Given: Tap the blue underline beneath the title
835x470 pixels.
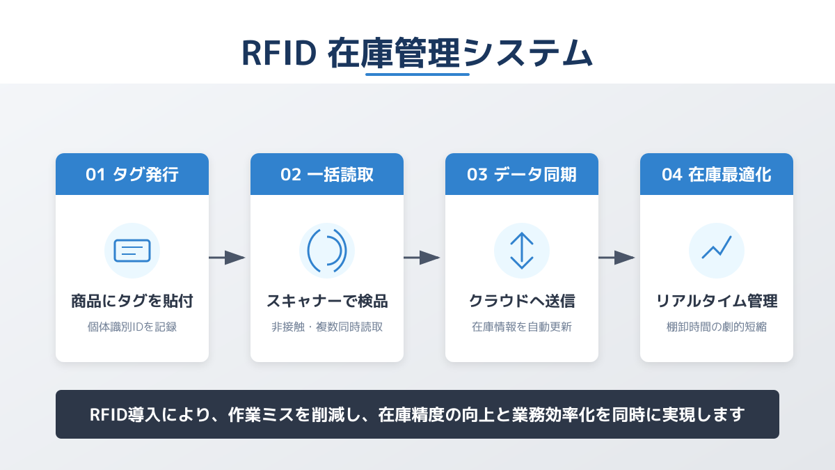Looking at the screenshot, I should tap(417, 74).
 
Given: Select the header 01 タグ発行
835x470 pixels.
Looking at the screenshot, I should tap(132, 175).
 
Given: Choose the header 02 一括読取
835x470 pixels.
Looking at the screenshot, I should tap(327, 175).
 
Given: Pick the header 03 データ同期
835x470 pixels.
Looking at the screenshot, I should tap(522, 175).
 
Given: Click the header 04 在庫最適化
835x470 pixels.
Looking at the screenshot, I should tap(717, 175).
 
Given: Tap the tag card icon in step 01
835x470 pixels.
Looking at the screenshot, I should tap(132, 251).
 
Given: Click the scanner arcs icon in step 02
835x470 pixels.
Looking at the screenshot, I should tap(327, 251).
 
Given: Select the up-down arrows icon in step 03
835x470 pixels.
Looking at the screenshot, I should tap(522, 251).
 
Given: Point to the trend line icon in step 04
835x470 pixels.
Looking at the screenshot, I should tap(717, 247).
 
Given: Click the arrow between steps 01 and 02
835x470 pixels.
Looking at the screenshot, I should tap(228, 258).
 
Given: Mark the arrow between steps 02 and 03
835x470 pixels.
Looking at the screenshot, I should tap(422, 258).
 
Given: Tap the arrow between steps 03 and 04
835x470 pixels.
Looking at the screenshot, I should tap(617, 258).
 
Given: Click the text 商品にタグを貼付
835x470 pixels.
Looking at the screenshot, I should tap(132, 301).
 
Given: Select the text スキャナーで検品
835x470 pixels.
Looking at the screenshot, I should tap(327, 301).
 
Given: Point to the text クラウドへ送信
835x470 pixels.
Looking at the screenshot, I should tap(522, 301).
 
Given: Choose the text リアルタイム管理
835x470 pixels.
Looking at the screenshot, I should tap(717, 301).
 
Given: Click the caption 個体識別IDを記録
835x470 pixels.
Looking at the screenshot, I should tap(132, 327).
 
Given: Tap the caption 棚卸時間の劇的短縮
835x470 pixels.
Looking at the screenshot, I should tap(717, 327).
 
